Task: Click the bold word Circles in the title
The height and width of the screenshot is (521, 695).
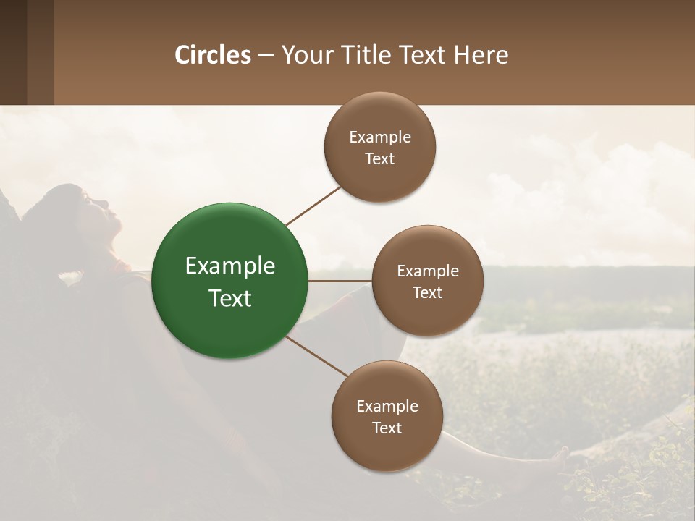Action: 213,55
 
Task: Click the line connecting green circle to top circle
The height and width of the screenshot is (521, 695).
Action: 313,206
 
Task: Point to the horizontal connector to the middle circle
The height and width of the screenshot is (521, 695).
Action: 340,281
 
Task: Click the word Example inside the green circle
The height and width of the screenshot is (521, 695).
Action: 230,266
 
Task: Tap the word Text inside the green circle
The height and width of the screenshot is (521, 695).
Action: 230,298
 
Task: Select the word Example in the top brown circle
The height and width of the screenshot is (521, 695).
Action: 380,137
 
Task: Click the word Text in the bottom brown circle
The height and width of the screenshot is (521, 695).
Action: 387,428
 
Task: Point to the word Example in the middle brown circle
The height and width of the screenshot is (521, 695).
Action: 427,271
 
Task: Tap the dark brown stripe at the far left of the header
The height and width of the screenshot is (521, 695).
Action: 13,52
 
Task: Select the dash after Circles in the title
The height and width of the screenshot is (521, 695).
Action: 266,55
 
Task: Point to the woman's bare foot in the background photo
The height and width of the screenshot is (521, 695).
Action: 557,456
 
